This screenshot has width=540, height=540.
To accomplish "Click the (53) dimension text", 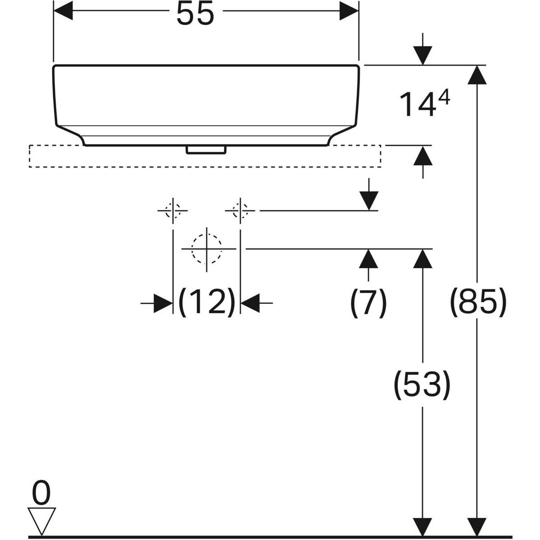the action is [422, 385].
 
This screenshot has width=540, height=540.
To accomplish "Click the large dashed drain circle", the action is [207, 249].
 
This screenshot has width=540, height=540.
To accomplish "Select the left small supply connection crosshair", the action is [173, 210].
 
